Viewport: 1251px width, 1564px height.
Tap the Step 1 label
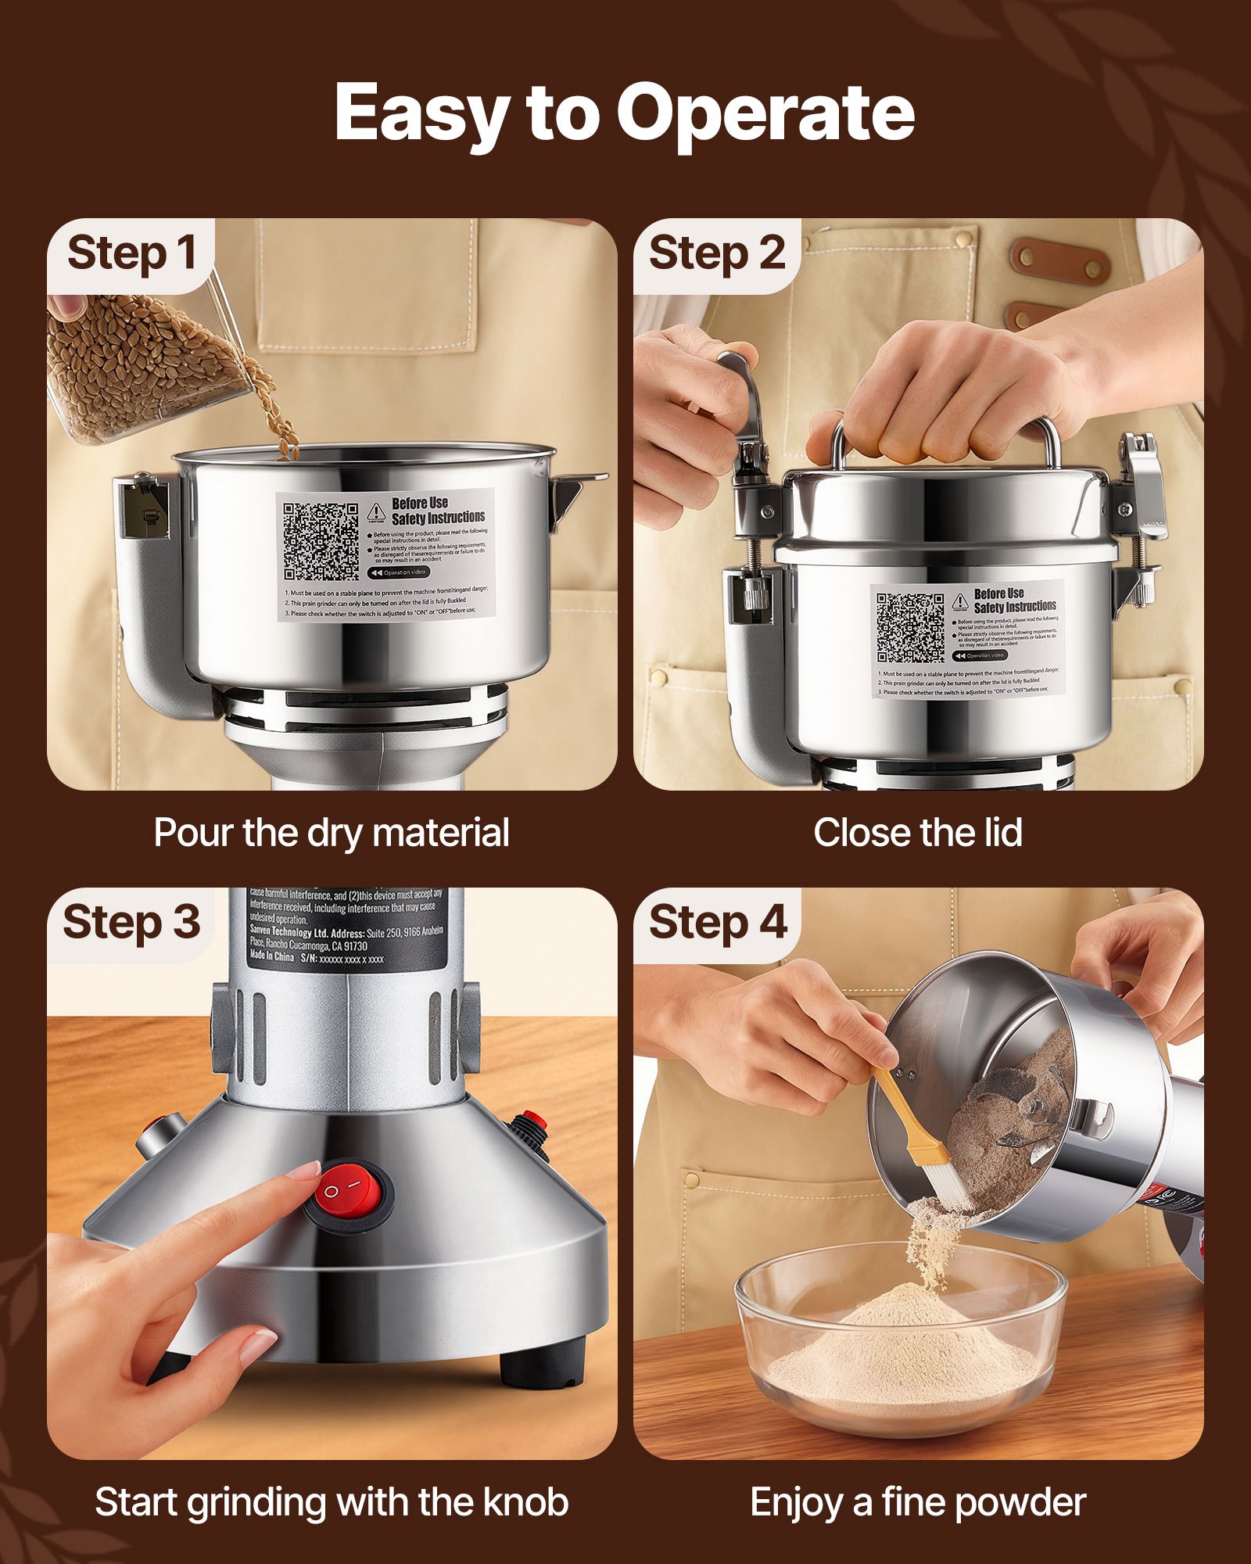131,254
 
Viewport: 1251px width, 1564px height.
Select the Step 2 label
716,254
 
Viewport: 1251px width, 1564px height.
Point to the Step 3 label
131,923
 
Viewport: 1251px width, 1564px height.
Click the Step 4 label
716,923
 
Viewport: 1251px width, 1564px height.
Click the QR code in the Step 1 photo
321,541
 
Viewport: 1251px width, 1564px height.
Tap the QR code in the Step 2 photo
910,628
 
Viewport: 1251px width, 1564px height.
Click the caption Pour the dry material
332,833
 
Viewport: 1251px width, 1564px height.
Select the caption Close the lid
917,833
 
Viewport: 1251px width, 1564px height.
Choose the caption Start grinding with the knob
332,1502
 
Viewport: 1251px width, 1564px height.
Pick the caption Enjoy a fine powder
917,1502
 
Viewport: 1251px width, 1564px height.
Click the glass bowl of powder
901,1345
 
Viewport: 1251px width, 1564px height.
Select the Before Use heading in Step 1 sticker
420,503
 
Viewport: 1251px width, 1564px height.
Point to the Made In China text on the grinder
272,957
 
